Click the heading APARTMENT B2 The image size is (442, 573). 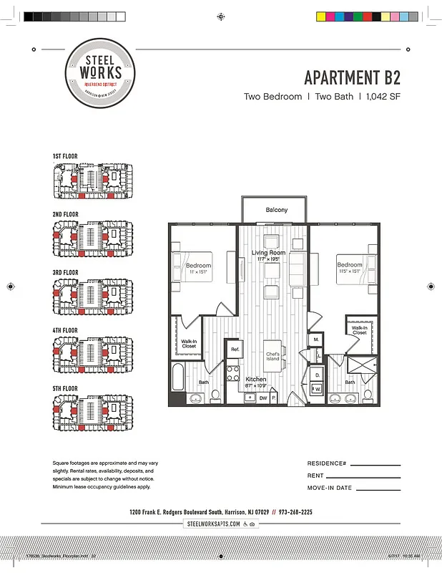[352, 77]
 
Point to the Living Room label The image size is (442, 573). [268, 253]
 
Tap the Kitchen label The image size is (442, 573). [256, 379]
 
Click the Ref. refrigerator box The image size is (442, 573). [234, 349]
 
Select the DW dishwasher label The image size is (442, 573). [263, 398]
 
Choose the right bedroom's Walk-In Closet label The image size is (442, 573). [359, 330]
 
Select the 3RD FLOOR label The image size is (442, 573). [65, 273]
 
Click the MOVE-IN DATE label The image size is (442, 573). [330, 488]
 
